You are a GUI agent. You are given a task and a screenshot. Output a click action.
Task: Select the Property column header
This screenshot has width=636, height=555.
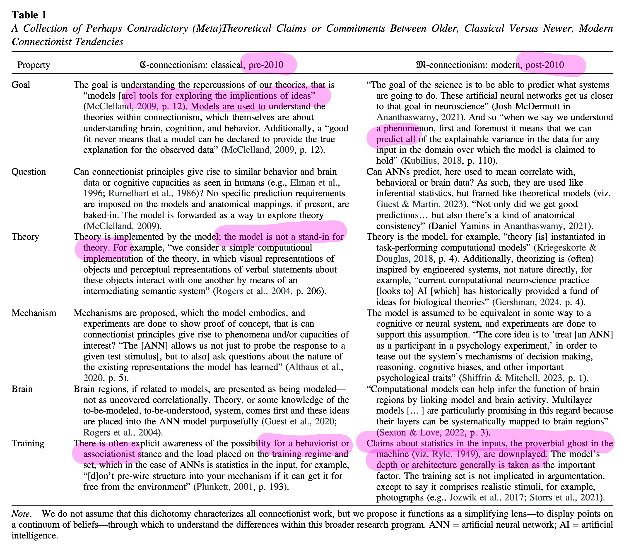(34, 65)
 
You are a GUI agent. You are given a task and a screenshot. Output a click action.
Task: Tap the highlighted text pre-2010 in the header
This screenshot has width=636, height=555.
(266, 65)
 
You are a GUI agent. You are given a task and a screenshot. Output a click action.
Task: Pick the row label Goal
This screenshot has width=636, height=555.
(21, 85)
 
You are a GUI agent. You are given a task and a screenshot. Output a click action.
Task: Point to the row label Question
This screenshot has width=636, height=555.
(29, 172)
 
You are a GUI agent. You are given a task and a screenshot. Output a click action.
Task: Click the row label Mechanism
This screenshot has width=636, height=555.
(34, 313)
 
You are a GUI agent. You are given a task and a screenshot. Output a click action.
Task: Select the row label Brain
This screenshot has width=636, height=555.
(22, 389)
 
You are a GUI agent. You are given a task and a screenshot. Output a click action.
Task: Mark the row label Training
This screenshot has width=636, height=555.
(28, 443)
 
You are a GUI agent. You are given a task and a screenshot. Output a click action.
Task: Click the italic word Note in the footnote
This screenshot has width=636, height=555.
(21, 514)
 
